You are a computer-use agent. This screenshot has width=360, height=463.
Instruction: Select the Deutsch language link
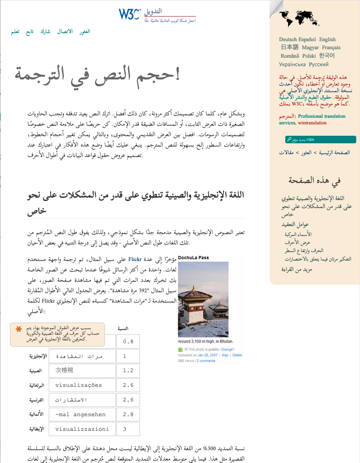pyautogui.click(x=288, y=40)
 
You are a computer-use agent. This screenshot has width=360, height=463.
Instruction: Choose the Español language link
pyautogui.click(x=308, y=40)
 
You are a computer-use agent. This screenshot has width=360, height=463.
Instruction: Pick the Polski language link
pyautogui.click(x=309, y=56)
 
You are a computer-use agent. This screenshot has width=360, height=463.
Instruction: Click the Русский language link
pyautogui.click(x=319, y=64)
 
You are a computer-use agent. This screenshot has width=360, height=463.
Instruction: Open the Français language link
pyautogui.click(x=331, y=48)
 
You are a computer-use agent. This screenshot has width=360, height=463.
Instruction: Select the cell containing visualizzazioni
pyautogui.click(x=82, y=429)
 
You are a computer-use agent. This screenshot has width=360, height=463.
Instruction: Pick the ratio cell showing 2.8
pyautogui.click(x=128, y=414)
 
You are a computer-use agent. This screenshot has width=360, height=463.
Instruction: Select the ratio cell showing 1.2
pyautogui.click(x=128, y=371)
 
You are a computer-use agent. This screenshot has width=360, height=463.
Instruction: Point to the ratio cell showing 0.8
pyautogui.click(x=128, y=341)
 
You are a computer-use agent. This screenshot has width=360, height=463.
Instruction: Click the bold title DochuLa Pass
pyautogui.click(x=193, y=258)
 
